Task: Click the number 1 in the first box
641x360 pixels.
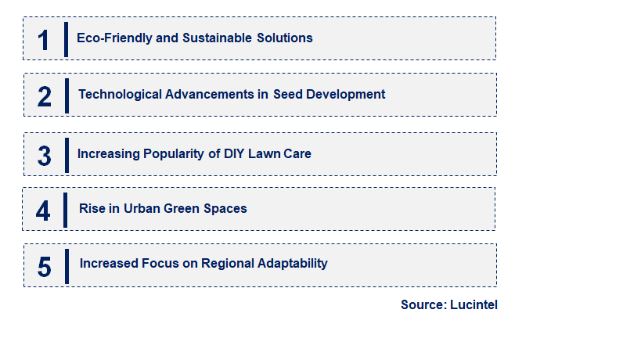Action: tap(44, 40)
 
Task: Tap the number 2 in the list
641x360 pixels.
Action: tap(45, 96)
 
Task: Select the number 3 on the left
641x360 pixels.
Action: tap(45, 156)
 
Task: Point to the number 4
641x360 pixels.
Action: tap(43, 211)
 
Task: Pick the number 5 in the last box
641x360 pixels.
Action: tap(45, 267)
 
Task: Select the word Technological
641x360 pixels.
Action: tap(120, 94)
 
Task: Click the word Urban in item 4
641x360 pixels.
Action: tap(141, 208)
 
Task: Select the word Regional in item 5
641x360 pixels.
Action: tap(227, 263)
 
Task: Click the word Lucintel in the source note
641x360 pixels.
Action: tap(474, 304)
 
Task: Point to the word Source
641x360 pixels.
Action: tap(423, 304)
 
